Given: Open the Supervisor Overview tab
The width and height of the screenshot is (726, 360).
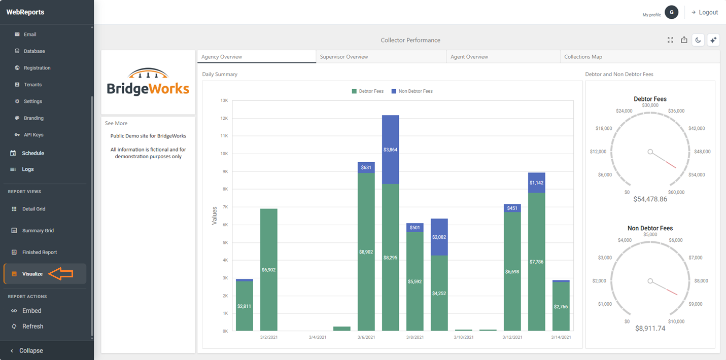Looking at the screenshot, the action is point(344,57).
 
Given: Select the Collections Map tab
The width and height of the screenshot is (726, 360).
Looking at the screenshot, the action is point(583,57).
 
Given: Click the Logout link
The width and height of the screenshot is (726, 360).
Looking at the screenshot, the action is point(705,12).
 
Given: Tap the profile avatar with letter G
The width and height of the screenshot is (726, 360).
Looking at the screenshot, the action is point(672,12).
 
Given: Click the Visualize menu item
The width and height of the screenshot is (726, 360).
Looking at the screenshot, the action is point(32,274).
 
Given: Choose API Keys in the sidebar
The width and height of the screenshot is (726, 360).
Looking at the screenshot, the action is point(33,135).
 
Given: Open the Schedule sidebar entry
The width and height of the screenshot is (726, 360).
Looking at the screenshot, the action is point(33,153).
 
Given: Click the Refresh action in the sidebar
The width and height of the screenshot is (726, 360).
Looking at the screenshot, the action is point(32,327).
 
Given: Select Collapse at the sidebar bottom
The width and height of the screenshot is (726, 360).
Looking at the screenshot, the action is point(31,350).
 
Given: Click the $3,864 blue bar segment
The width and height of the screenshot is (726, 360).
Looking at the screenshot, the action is point(391,150).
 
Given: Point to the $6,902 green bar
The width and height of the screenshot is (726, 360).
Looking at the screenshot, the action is point(269,270).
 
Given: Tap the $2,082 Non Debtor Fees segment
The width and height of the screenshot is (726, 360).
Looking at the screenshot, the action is point(439,237).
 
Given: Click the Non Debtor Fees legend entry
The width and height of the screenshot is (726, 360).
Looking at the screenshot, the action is point(412,91).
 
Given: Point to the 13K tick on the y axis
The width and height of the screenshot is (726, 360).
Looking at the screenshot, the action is point(224,100).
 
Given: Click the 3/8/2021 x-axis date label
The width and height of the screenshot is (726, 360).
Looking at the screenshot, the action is point(415,337).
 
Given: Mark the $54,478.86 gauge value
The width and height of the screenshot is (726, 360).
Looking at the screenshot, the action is point(650,199).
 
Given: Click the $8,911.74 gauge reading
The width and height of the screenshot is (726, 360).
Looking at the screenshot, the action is point(650,328).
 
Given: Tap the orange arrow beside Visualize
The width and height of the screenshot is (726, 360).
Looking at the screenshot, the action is point(61,274).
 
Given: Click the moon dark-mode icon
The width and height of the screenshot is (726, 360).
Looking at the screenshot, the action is point(698,40).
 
